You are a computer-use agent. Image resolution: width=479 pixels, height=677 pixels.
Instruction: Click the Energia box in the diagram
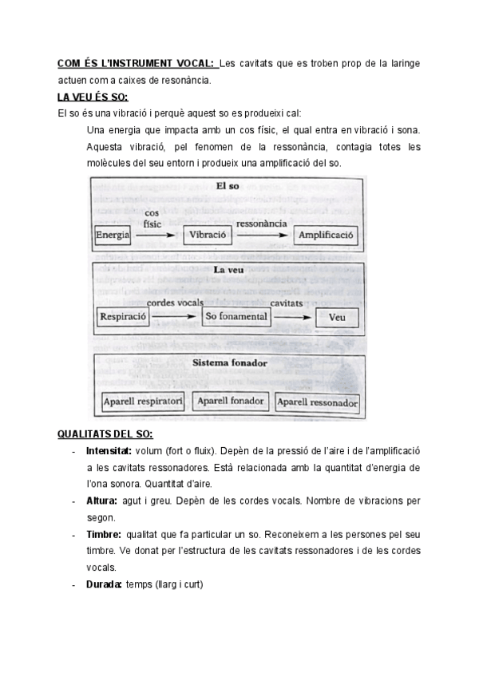point(113,236)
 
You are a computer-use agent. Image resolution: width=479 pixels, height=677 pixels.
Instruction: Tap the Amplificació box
point(327,236)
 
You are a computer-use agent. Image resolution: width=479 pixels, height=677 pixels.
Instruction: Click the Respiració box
point(122,317)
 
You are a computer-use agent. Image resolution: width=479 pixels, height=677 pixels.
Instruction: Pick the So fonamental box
point(235,317)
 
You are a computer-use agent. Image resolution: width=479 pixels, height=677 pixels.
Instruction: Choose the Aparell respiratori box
point(144,402)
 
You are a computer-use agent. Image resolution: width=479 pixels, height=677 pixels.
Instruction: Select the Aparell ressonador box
point(317,402)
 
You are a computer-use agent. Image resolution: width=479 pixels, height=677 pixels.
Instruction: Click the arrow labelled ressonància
point(261,236)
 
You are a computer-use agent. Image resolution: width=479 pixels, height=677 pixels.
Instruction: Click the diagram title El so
point(228,186)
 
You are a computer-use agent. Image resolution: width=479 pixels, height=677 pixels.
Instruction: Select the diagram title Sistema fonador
point(229,363)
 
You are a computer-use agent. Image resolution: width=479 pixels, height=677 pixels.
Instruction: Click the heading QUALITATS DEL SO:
point(105,434)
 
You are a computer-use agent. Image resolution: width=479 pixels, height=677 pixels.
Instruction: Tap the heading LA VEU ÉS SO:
point(93,97)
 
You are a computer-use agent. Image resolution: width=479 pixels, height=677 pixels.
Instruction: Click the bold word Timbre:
point(103,534)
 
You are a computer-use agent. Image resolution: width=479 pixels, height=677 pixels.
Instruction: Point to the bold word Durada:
point(104,584)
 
